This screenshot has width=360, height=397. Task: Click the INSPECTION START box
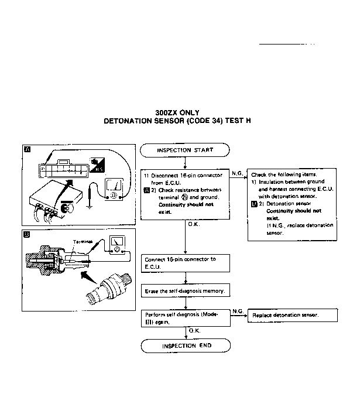pyautogui.click(x=184, y=150)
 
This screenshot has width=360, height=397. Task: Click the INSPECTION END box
pyautogui.click(x=184, y=346)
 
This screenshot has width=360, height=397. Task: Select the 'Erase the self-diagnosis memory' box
pyautogui.click(x=184, y=291)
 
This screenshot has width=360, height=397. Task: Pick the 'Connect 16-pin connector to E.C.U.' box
pyautogui.click(x=184, y=263)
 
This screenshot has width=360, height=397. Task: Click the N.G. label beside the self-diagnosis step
pyautogui.click(x=238, y=310)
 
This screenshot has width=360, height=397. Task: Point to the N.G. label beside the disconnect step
pyautogui.click(x=238, y=173)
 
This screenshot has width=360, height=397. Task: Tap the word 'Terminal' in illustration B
pyautogui.click(x=83, y=241)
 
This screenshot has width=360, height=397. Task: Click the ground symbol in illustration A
pyautogui.click(x=88, y=204)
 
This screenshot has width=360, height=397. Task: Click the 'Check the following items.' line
pyautogui.click(x=284, y=174)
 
